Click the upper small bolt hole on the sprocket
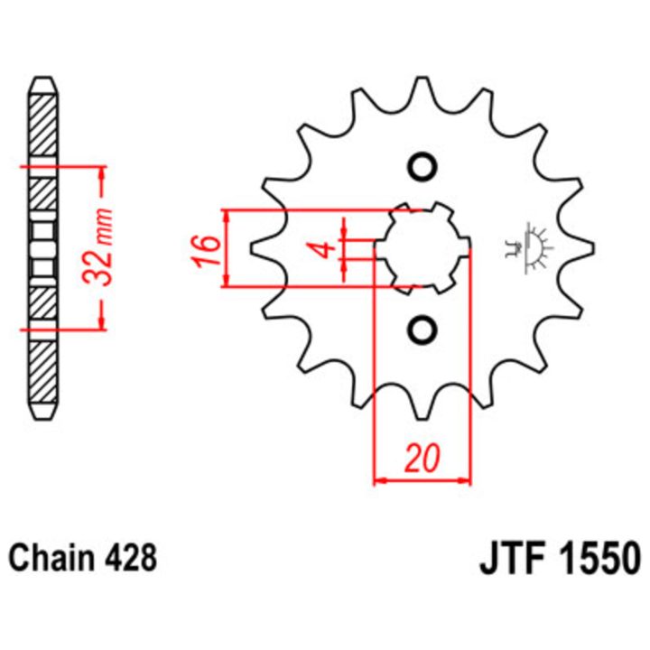coord(422,167)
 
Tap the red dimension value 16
coord(206,250)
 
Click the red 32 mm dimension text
coord(97,248)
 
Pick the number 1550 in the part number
coord(600,558)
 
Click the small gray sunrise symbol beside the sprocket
coord(530,248)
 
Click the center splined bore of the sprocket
coord(422,248)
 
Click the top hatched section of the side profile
coord(43,125)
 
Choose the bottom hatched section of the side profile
coord(43,372)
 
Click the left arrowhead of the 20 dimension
coord(381,480)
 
